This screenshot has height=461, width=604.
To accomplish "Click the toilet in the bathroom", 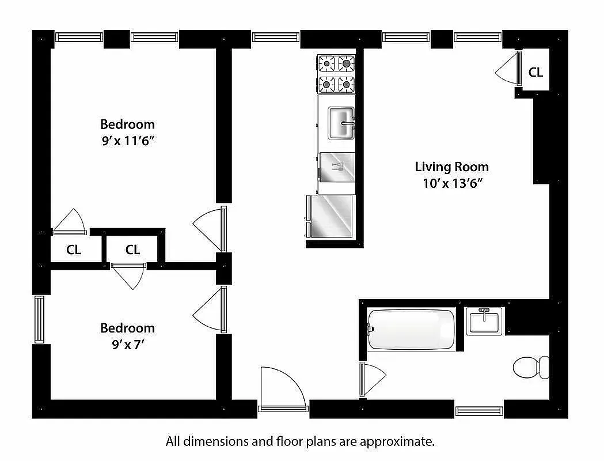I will [x=531, y=367].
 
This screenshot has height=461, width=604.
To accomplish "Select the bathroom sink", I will [x=485, y=320].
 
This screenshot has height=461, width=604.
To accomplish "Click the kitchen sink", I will [x=341, y=123].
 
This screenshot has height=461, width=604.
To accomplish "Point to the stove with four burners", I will [x=336, y=73].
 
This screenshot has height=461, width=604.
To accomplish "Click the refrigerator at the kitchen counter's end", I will [x=330, y=216].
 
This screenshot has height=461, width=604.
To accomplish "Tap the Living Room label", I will [x=451, y=167].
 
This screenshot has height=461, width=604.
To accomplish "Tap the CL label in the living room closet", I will [x=535, y=73].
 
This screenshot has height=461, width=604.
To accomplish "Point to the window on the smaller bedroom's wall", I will [x=39, y=319].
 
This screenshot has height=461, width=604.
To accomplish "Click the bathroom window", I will [x=479, y=411].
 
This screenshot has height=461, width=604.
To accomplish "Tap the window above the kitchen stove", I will [x=276, y=37].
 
